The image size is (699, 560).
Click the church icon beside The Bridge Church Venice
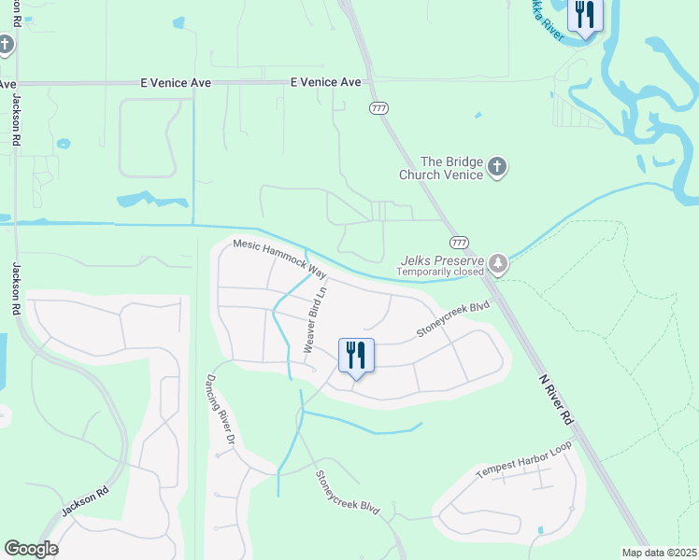coord(497,168)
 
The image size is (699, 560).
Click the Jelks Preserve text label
coord(441,260)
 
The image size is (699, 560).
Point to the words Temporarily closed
coord(439,272)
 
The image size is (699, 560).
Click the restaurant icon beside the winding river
coord(584,15)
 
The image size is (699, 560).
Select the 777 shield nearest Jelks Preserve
coord(458,242)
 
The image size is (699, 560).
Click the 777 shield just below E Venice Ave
coord(378,108)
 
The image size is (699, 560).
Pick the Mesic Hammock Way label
coord(279,259)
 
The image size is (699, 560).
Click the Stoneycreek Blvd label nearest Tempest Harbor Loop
coord(348,492)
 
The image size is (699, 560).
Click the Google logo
coord(31,549)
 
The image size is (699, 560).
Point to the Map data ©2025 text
coord(660,553)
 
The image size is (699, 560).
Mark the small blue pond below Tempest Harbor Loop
coord(540,531)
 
